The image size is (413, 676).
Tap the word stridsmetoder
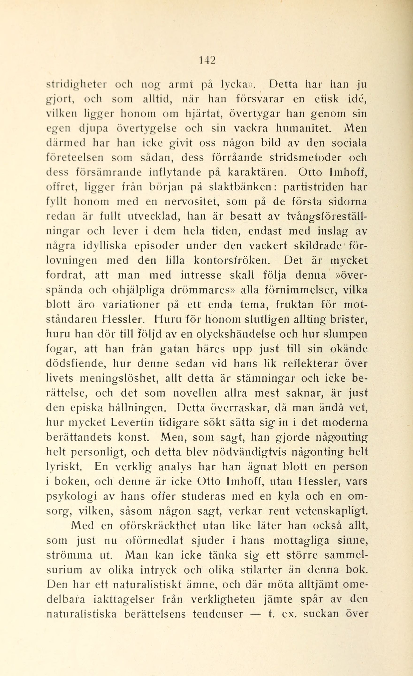[305, 158]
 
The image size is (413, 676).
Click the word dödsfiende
[76, 364]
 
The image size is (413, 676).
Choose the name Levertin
[133, 423]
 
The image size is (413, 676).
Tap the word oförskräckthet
[158, 526]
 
